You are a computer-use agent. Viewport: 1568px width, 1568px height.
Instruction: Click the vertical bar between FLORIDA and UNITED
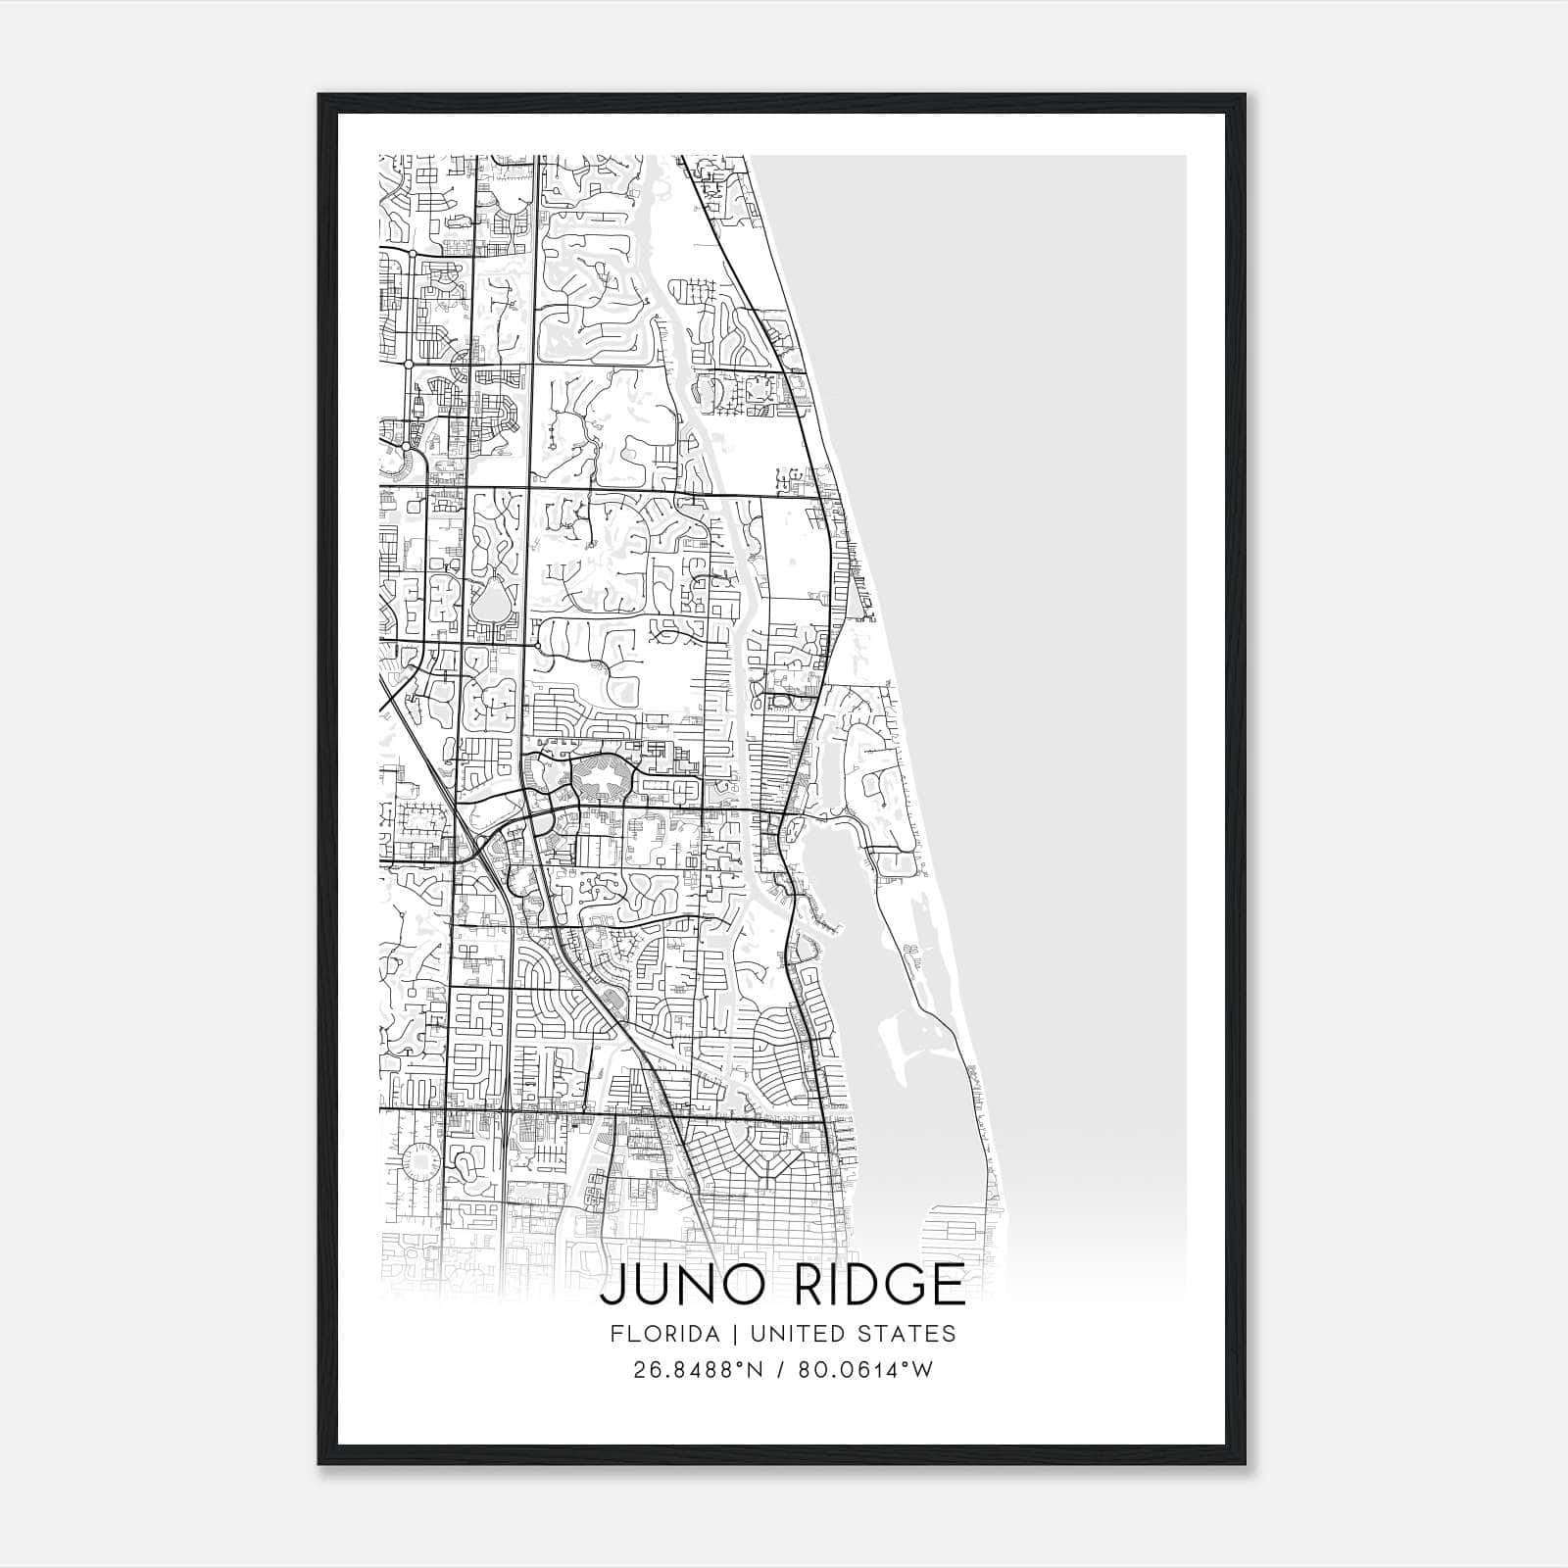click(x=726, y=1334)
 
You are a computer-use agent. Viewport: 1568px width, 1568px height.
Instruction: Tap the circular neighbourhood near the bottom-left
click(x=420, y=1161)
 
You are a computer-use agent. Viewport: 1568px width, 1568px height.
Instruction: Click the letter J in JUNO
click(x=611, y=1285)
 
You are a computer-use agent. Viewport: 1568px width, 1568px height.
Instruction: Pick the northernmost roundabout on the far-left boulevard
click(x=414, y=253)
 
